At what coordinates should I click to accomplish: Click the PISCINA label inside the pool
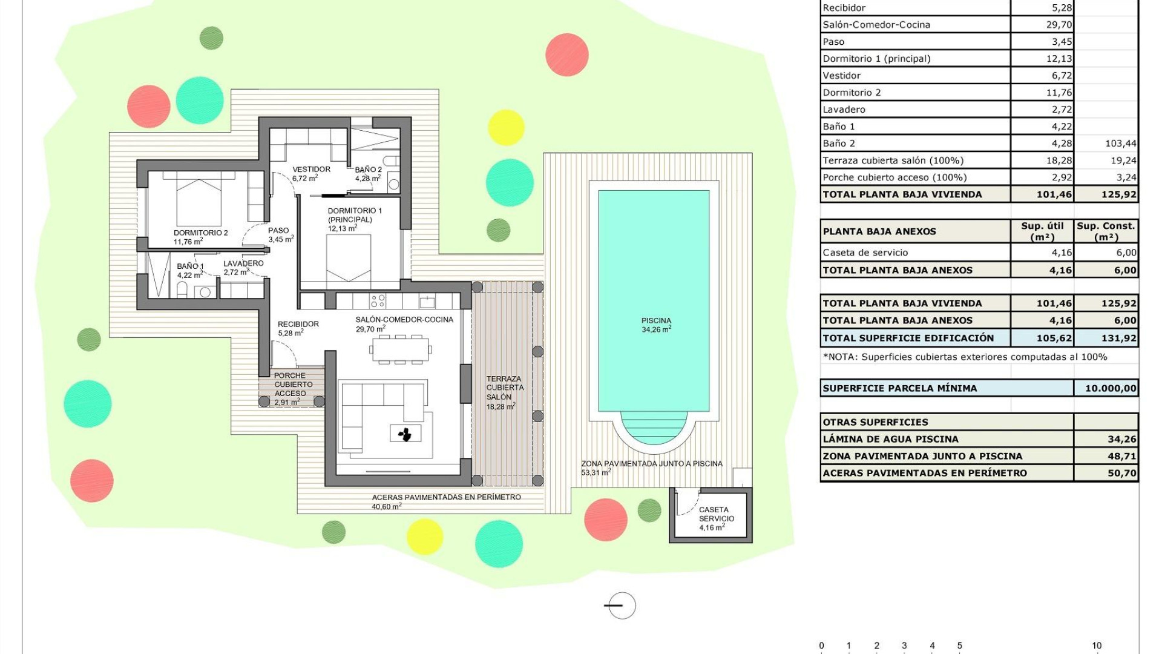pyautogui.click(x=656, y=325)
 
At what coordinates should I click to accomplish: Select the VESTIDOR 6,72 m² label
pyautogui.click(x=311, y=174)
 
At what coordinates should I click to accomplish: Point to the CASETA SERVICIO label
pyautogui.click(x=716, y=518)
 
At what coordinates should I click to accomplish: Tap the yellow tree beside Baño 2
pyautogui.click(x=505, y=127)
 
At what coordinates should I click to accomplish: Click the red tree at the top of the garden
pyautogui.click(x=566, y=54)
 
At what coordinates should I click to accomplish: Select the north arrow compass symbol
pyautogui.click(x=621, y=605)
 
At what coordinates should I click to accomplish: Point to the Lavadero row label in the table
pyautogui.click(x=844, y=110)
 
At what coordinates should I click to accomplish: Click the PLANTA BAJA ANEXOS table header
pyautogui.click(x=879, y=231)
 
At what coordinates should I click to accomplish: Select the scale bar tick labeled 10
pyautogui.click(x=1097, y=646)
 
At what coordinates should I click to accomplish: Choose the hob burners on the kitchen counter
pyautogui.click(x=378, y=300)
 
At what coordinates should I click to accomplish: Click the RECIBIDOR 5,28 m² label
pyautogui.click(x=298, y=328)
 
